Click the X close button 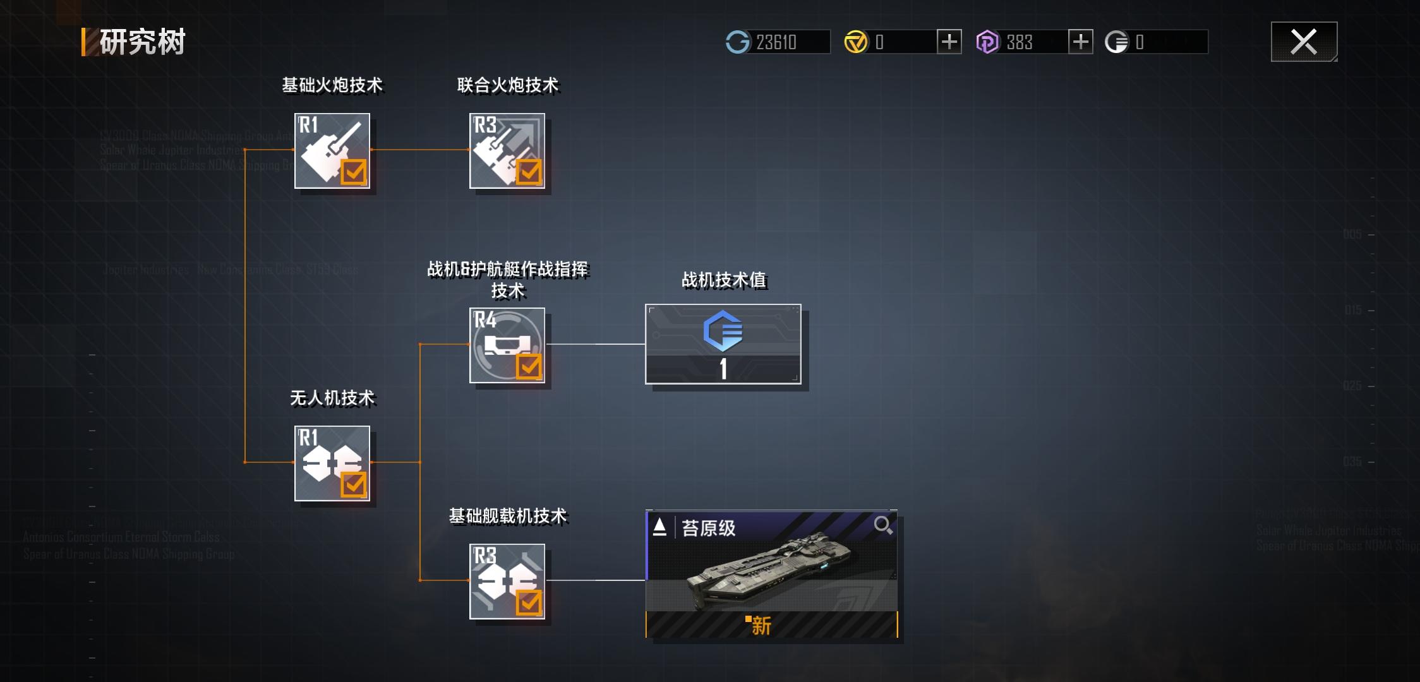coord(1304,42)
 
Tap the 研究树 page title coord(142,42)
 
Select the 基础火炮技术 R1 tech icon coord(332,151)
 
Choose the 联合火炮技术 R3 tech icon coord(507,151)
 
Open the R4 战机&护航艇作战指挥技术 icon coord(507,345)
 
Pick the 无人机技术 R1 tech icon coord(332,463)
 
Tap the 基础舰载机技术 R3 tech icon coord(507,581)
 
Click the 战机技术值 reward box coord(723,344)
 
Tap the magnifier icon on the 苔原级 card coord(882,525)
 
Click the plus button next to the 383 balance coord(1080,42)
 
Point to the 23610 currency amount coord(776,42)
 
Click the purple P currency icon coord(987,42)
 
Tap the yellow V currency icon coord(856,42)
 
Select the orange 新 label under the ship coord(761,625)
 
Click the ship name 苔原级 coord(709,528)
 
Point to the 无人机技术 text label coord(332,398)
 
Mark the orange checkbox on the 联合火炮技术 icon coord(529,171)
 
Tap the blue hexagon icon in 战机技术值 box coord(723,330)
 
